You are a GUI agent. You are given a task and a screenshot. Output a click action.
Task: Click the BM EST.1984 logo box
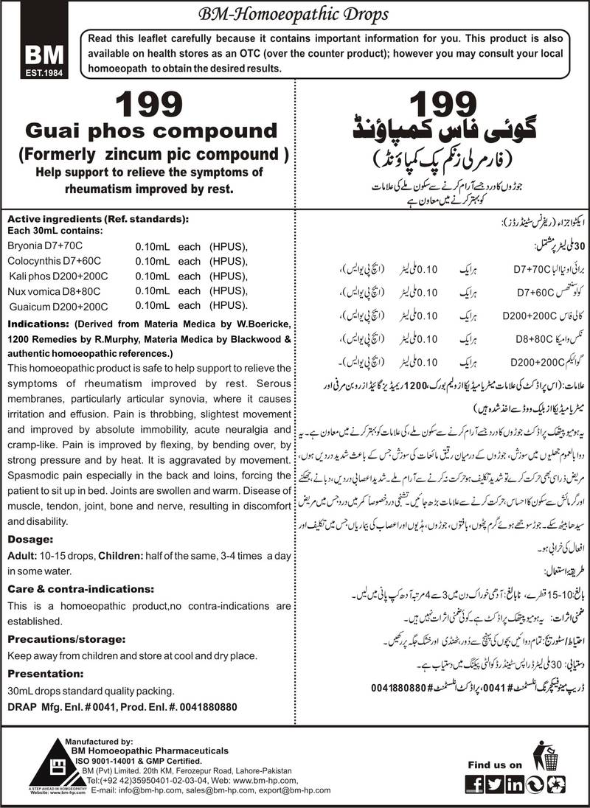[38, 55]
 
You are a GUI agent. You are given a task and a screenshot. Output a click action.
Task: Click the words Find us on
[495, 765]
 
